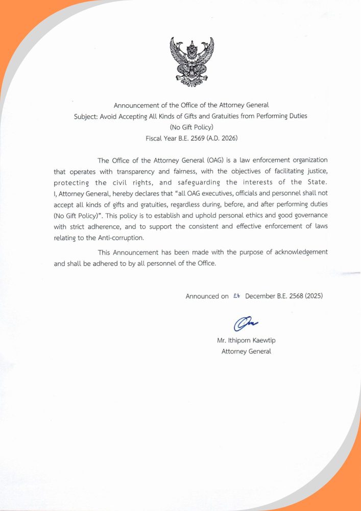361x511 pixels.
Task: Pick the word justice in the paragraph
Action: click(316, 172)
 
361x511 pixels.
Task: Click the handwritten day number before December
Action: click(236, 296)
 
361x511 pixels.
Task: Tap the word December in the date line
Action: click(260, 296)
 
